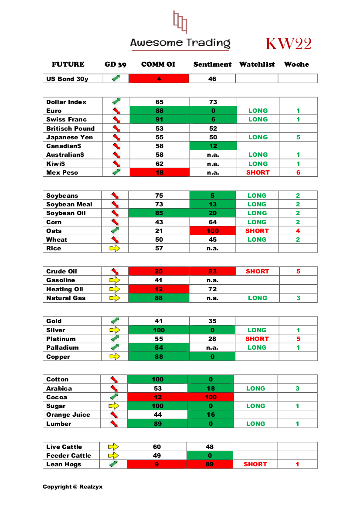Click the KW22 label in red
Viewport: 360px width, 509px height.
pos(288,44)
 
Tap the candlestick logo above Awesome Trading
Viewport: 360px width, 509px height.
pos(180,22)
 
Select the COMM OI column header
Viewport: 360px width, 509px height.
pos(158,64)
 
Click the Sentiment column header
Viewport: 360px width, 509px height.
pos(212,64)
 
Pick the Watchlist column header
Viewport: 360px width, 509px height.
pos(257,64)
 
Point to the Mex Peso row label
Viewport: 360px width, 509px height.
pos(62,172)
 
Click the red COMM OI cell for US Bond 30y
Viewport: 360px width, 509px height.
pos(159,79)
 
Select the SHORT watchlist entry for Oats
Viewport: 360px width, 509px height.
pos(257,231)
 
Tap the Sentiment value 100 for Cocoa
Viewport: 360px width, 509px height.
pos(211,397)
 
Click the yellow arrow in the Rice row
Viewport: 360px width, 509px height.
pos(115,248)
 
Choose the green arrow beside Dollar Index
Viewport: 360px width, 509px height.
pos(116,101)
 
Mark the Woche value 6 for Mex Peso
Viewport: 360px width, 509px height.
pos(298,172)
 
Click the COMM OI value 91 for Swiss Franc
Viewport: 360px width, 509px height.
pos(160,119)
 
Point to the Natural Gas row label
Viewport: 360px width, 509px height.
pos(66,298)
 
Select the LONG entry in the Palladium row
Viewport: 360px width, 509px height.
pos(257,347)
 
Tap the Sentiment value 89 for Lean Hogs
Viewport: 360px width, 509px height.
pos(211,464)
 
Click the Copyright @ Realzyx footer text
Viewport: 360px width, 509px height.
pos(72,486)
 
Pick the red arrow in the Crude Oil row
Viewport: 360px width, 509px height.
pos(115,271)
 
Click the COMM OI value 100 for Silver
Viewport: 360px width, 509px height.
pos(159,330)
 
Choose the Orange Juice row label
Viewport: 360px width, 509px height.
pos(68,415)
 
